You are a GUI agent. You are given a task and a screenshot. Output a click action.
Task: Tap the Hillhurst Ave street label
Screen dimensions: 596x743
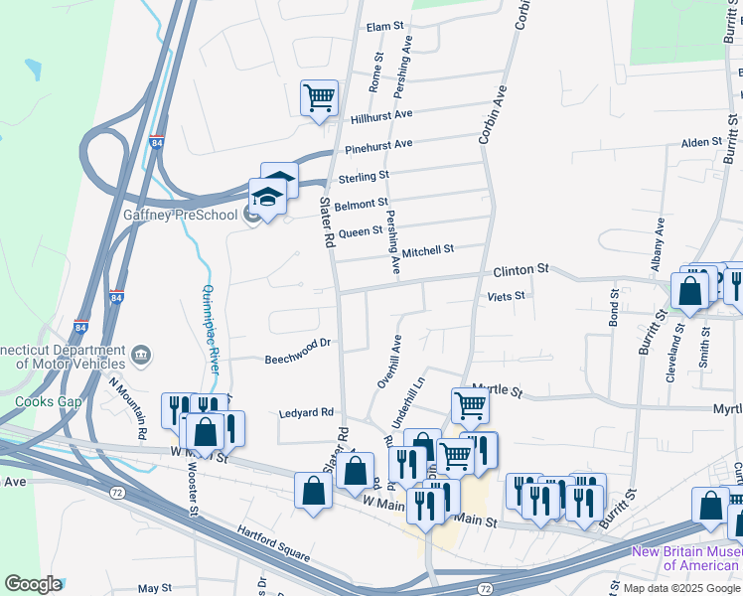[380, 116]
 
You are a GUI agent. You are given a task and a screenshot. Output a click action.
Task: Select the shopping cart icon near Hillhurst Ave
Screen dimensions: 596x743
[320, 98]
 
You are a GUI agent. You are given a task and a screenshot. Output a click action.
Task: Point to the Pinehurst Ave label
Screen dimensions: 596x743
[378, 147]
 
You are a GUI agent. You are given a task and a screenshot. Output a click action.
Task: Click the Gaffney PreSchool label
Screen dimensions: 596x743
[195, 215]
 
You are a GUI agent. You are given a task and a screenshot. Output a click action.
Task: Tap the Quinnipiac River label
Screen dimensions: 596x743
[211, 328]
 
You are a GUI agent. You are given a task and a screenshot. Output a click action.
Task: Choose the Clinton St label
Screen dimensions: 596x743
[521, 269]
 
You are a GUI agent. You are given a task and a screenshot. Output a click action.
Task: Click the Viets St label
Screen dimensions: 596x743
[506, 295]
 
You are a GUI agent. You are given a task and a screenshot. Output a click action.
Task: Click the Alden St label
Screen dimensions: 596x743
[701, 143]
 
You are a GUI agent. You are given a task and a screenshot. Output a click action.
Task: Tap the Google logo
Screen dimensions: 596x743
[33, 584]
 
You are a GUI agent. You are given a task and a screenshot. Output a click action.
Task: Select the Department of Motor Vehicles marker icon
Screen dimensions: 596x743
[141, 354]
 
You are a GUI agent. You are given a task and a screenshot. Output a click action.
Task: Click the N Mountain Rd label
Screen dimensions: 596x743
[128, 407]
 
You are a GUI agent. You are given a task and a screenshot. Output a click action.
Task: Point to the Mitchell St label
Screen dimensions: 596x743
[428, 249]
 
